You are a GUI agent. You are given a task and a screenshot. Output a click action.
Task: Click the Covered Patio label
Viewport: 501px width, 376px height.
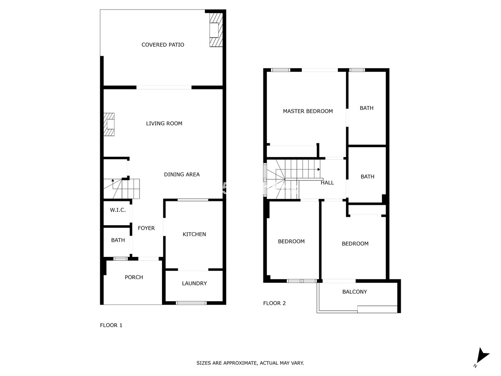162,45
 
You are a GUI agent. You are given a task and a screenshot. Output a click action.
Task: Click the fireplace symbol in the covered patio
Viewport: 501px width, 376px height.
215,30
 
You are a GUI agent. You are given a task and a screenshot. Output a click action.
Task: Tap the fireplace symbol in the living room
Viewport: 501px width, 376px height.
109,124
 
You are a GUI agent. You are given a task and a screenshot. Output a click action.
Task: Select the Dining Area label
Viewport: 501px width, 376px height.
182,174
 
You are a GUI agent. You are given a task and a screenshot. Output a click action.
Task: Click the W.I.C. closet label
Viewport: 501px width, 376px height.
118,210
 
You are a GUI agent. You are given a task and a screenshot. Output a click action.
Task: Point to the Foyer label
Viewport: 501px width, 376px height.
146,228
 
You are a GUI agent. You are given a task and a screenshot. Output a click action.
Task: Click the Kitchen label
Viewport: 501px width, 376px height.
194,234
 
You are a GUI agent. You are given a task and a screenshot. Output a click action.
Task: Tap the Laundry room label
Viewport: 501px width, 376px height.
194,283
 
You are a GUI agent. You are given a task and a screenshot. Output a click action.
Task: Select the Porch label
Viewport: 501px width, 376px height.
134,277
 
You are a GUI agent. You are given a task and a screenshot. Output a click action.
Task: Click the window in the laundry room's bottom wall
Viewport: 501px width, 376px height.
191,303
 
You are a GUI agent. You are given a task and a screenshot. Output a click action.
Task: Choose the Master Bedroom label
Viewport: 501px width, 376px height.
308,111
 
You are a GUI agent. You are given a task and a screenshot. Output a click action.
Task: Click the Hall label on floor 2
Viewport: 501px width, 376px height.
327,183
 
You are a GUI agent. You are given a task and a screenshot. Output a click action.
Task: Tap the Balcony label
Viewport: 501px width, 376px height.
354,292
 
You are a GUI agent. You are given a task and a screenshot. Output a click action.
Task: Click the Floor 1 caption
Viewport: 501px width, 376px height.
111,325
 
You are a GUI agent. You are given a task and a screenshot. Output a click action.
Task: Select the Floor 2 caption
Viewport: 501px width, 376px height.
274,303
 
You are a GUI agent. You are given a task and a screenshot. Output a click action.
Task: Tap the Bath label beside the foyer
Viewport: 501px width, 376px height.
118,240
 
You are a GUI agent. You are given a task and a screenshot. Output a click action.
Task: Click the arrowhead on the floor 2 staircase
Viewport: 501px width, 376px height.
319,169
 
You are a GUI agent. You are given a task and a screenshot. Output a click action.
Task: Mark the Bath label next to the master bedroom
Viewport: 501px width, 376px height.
367,108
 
